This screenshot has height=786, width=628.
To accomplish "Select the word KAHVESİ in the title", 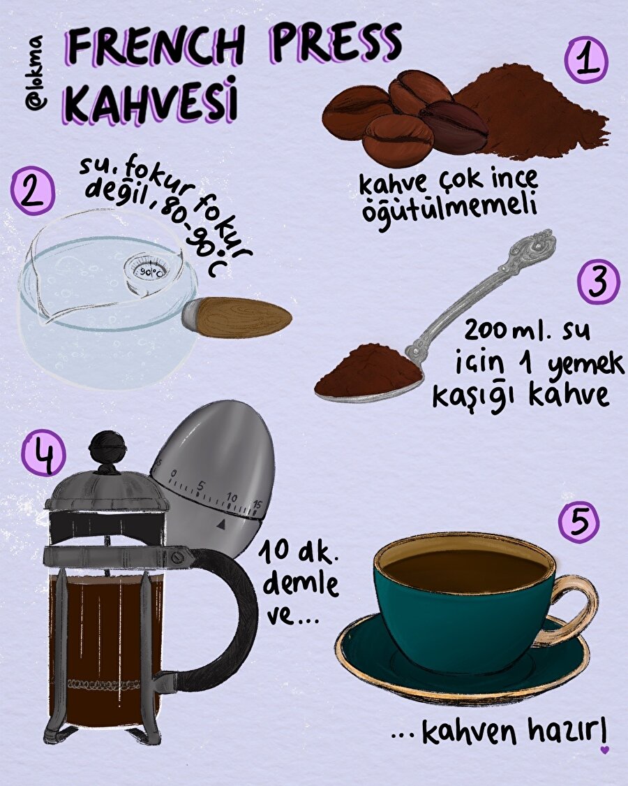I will point(150,102).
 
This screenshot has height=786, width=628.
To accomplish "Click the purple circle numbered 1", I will point(586,59).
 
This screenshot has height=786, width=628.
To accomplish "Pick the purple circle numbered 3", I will point(599,281).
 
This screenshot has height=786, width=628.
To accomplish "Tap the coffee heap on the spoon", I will point(366,370).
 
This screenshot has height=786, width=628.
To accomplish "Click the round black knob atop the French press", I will point(109,444).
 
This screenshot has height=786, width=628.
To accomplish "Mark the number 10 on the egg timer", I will point(232,497).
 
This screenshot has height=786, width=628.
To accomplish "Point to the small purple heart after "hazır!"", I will point(605,750).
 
